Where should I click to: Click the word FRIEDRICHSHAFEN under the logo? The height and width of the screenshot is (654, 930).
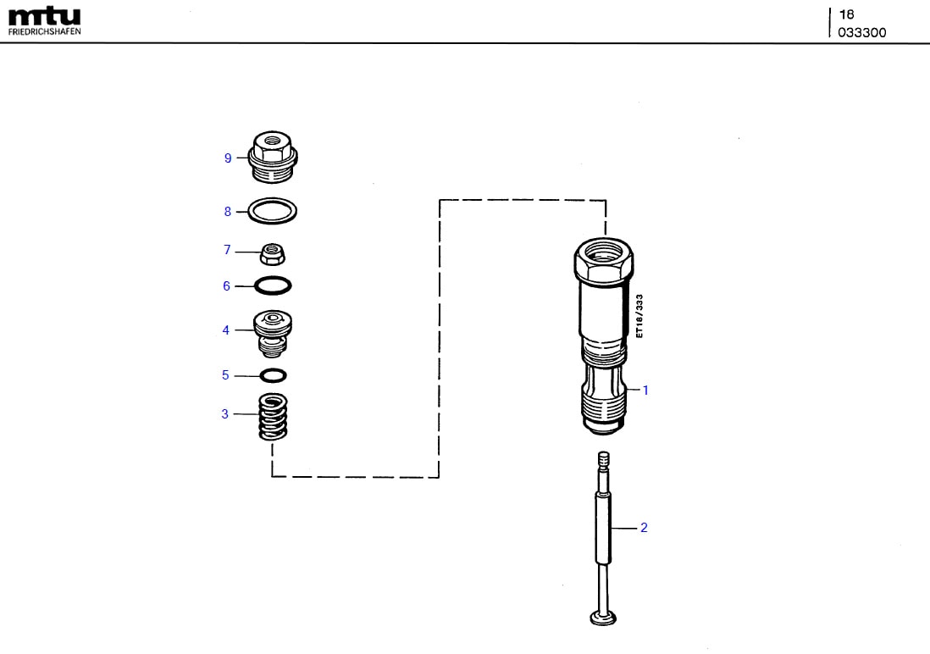[x=45, y=31]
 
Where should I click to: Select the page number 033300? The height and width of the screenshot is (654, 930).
[x=862, y=33]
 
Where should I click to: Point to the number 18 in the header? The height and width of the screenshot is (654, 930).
[x=845, y=14]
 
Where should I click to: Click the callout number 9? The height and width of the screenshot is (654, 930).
[x=228, y=158]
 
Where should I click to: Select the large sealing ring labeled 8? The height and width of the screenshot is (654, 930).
[x=273, y=211]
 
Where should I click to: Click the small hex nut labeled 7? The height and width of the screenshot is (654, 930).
[x=273, y=252]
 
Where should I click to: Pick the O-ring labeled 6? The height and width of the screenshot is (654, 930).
[x=273, y=286]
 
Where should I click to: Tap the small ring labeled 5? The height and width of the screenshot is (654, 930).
[x=273, y=375]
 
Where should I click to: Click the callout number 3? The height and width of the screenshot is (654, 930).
[x=225, y=414]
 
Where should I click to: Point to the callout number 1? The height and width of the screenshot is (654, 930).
[x=645, y=391]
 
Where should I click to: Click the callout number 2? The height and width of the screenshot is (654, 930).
[x=644, y=528]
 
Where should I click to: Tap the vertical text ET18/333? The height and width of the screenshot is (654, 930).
[x=640, y=316]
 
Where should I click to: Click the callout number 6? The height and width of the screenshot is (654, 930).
[x=226, y=286]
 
